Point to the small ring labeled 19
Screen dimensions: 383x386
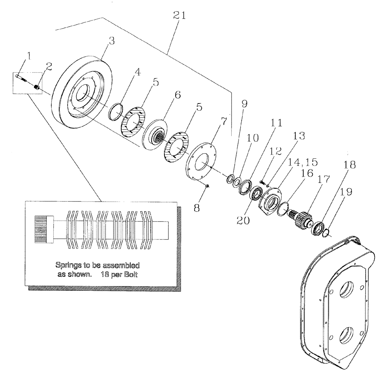326,233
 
